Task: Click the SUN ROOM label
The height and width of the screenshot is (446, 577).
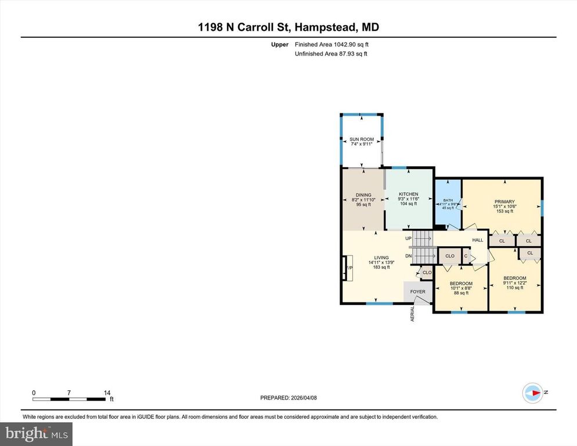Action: click(361, 139)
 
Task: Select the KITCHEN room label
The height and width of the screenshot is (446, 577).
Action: click(408, 194)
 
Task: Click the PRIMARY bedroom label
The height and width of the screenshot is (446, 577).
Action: click(504, 202)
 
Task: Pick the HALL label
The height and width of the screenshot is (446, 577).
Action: click(477, 240)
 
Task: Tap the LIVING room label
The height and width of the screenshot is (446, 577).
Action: click(381, 257)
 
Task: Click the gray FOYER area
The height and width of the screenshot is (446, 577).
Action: click(417, 292)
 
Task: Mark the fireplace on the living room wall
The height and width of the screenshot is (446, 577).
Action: click(348, 268)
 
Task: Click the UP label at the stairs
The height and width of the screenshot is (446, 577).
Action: click(408, 238)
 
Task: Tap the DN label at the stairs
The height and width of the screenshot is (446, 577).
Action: click(408, 256)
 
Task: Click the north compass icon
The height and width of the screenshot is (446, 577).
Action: click(532, 393)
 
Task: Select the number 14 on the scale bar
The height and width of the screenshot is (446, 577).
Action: click(107, 393)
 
